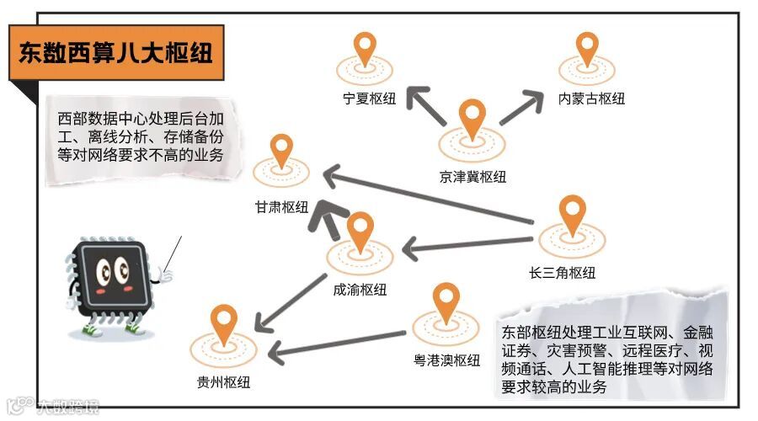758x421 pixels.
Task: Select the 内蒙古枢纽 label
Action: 592,99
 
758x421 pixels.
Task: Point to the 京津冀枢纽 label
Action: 472,176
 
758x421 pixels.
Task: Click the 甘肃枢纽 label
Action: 282,207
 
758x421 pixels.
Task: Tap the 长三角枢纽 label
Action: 563,272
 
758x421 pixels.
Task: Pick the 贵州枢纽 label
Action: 223,381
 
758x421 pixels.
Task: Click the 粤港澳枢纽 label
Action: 447,360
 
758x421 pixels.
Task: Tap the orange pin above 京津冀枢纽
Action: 472,118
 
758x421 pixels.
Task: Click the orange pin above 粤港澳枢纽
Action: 446,301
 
